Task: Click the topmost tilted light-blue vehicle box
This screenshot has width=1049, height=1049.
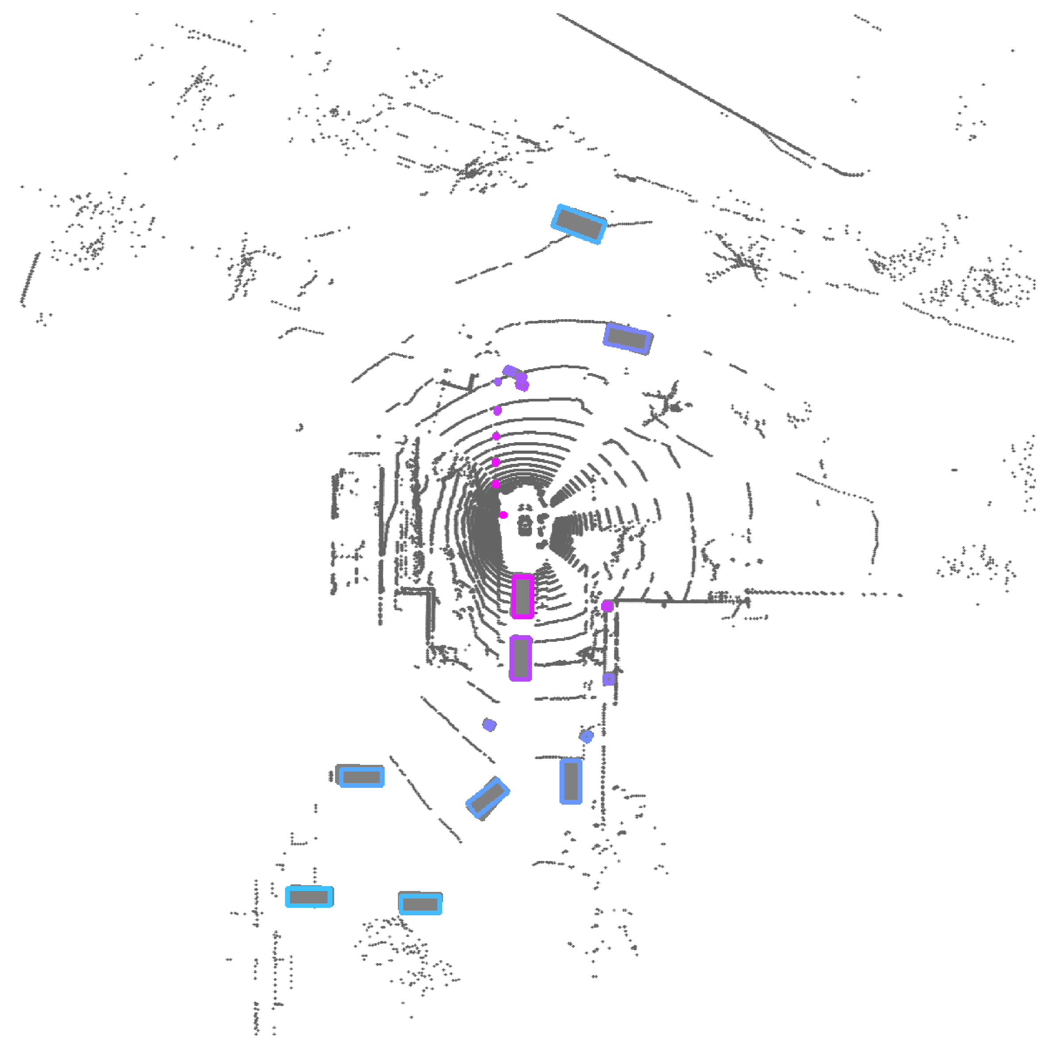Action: tap(579, 224)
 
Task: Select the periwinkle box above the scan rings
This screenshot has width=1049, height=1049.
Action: tap(628, 338)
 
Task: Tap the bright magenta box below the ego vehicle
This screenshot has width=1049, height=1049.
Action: tap(522, 596)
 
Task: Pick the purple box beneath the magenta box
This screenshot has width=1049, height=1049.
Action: tap(521, 658)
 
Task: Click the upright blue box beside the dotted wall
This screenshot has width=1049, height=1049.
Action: tap(571, 781)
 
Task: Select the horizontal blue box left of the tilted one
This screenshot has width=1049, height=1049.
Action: tap(361, 776)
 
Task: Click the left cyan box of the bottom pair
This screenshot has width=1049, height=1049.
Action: tap(309, 896)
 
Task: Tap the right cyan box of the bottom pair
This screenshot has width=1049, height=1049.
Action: tap(420, 904)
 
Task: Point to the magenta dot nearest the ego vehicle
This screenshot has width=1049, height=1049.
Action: tap(503, 515)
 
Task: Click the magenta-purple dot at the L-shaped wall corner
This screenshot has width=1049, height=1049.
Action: tap(607, 606)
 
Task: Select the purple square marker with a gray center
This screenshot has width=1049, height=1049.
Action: tap(609, 679)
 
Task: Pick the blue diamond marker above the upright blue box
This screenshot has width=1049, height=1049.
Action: tap(586, 736)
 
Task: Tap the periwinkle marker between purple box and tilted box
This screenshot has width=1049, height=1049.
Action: tap(489, 725)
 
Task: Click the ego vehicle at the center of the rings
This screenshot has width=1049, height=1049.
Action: tap(525, 525)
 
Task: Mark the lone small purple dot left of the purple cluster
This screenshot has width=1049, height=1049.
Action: tap(498, 382)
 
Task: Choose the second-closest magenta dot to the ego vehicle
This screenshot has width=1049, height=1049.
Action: tap(496, 484)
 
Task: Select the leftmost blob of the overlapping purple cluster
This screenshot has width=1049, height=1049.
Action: tap(509, 371)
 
